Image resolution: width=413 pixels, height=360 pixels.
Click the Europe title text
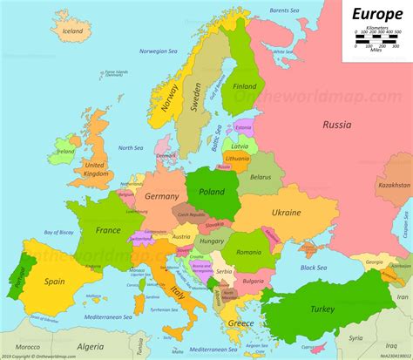pyautogui.click(x=376, y=14)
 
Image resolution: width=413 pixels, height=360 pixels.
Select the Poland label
pyautogui.click(x=212, y=192)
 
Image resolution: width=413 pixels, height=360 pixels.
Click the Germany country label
pyautogui.click(x=161, y=198)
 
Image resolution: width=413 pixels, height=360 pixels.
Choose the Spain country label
pyautogui.click(x=55, y=282)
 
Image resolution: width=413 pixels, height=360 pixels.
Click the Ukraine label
pyautogui.click(x=286, y=213)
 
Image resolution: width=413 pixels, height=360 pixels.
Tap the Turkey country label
pyautogui.click(x=323, y=309)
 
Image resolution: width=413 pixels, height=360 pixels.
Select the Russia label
pyautogui.click(x=336, y=125)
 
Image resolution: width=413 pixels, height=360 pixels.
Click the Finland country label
pyautogui.click(x=244, y=86)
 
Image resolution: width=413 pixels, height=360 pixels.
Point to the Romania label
pyautogui.click(x=248, y=252)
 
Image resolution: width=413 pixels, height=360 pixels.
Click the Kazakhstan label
pyautogui.click(x=395, y=185)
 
